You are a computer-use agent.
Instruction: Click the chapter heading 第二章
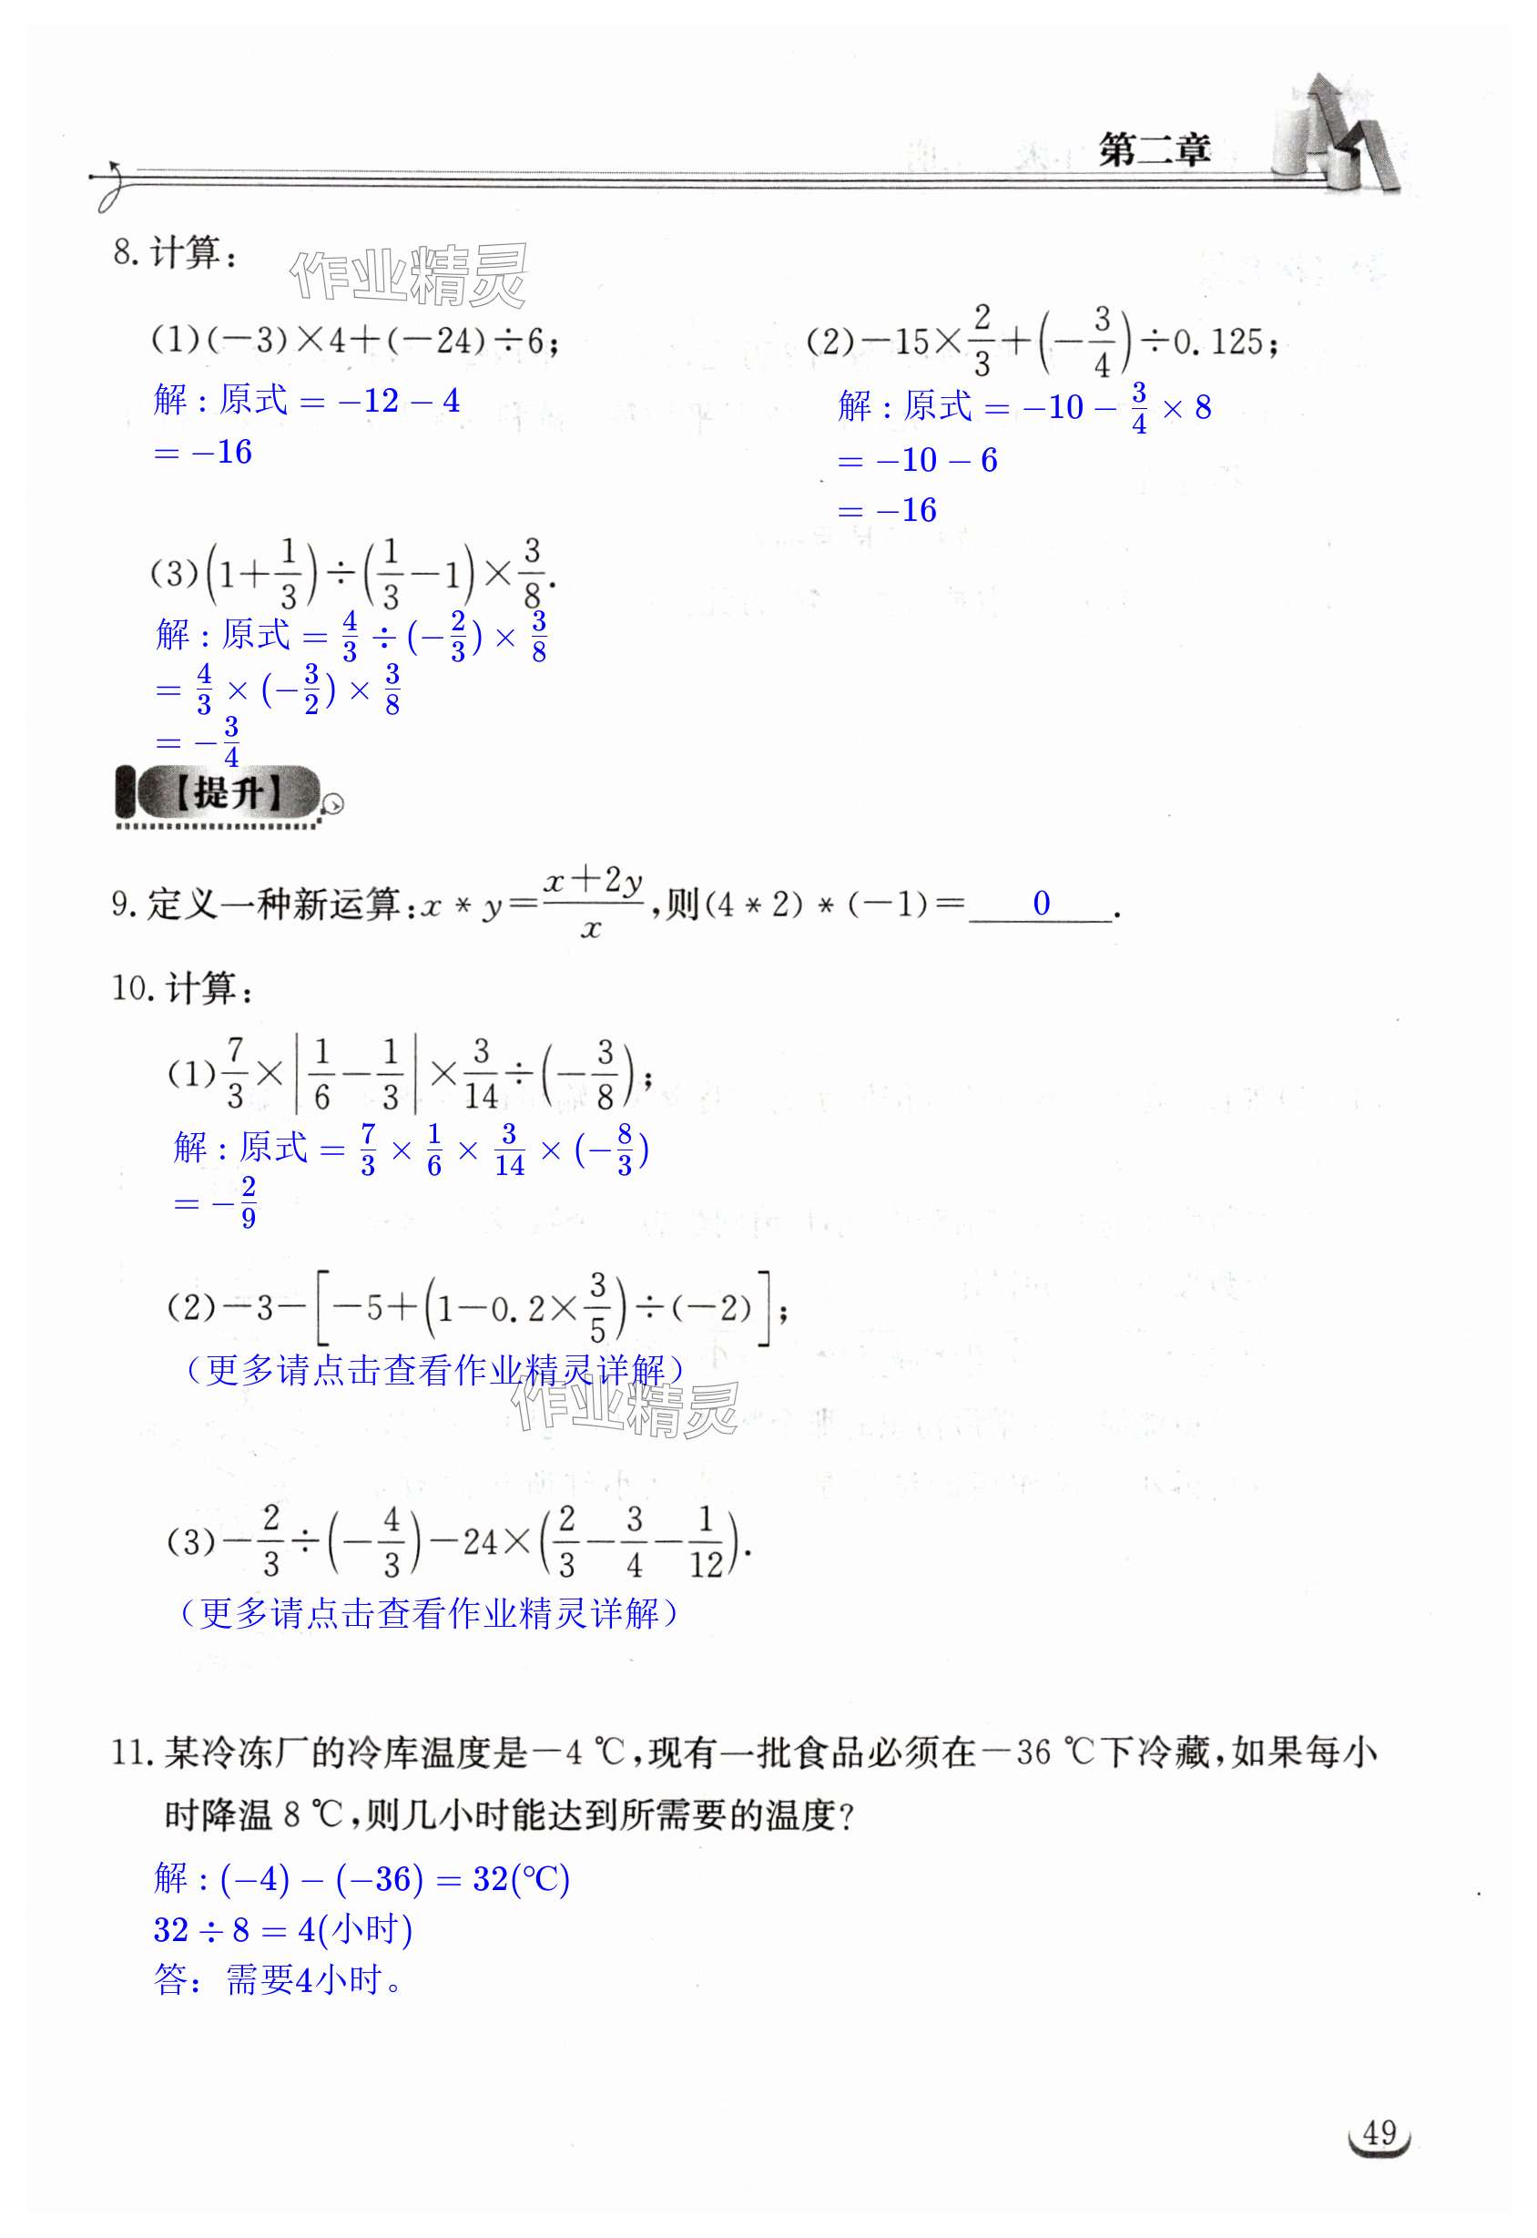1154,150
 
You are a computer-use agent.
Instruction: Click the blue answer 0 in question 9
1041,903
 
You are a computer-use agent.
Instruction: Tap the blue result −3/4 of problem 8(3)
221,741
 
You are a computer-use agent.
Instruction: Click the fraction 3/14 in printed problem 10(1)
481,1073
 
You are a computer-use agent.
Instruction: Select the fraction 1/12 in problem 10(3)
705,1542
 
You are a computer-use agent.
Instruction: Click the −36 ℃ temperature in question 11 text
1036,1752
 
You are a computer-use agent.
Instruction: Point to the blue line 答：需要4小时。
280,1981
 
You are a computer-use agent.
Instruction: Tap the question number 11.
131,1752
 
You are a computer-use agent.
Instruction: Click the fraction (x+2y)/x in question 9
592,903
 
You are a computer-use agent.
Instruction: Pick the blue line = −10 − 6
920,461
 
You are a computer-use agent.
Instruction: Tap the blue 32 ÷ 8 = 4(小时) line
283,1930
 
